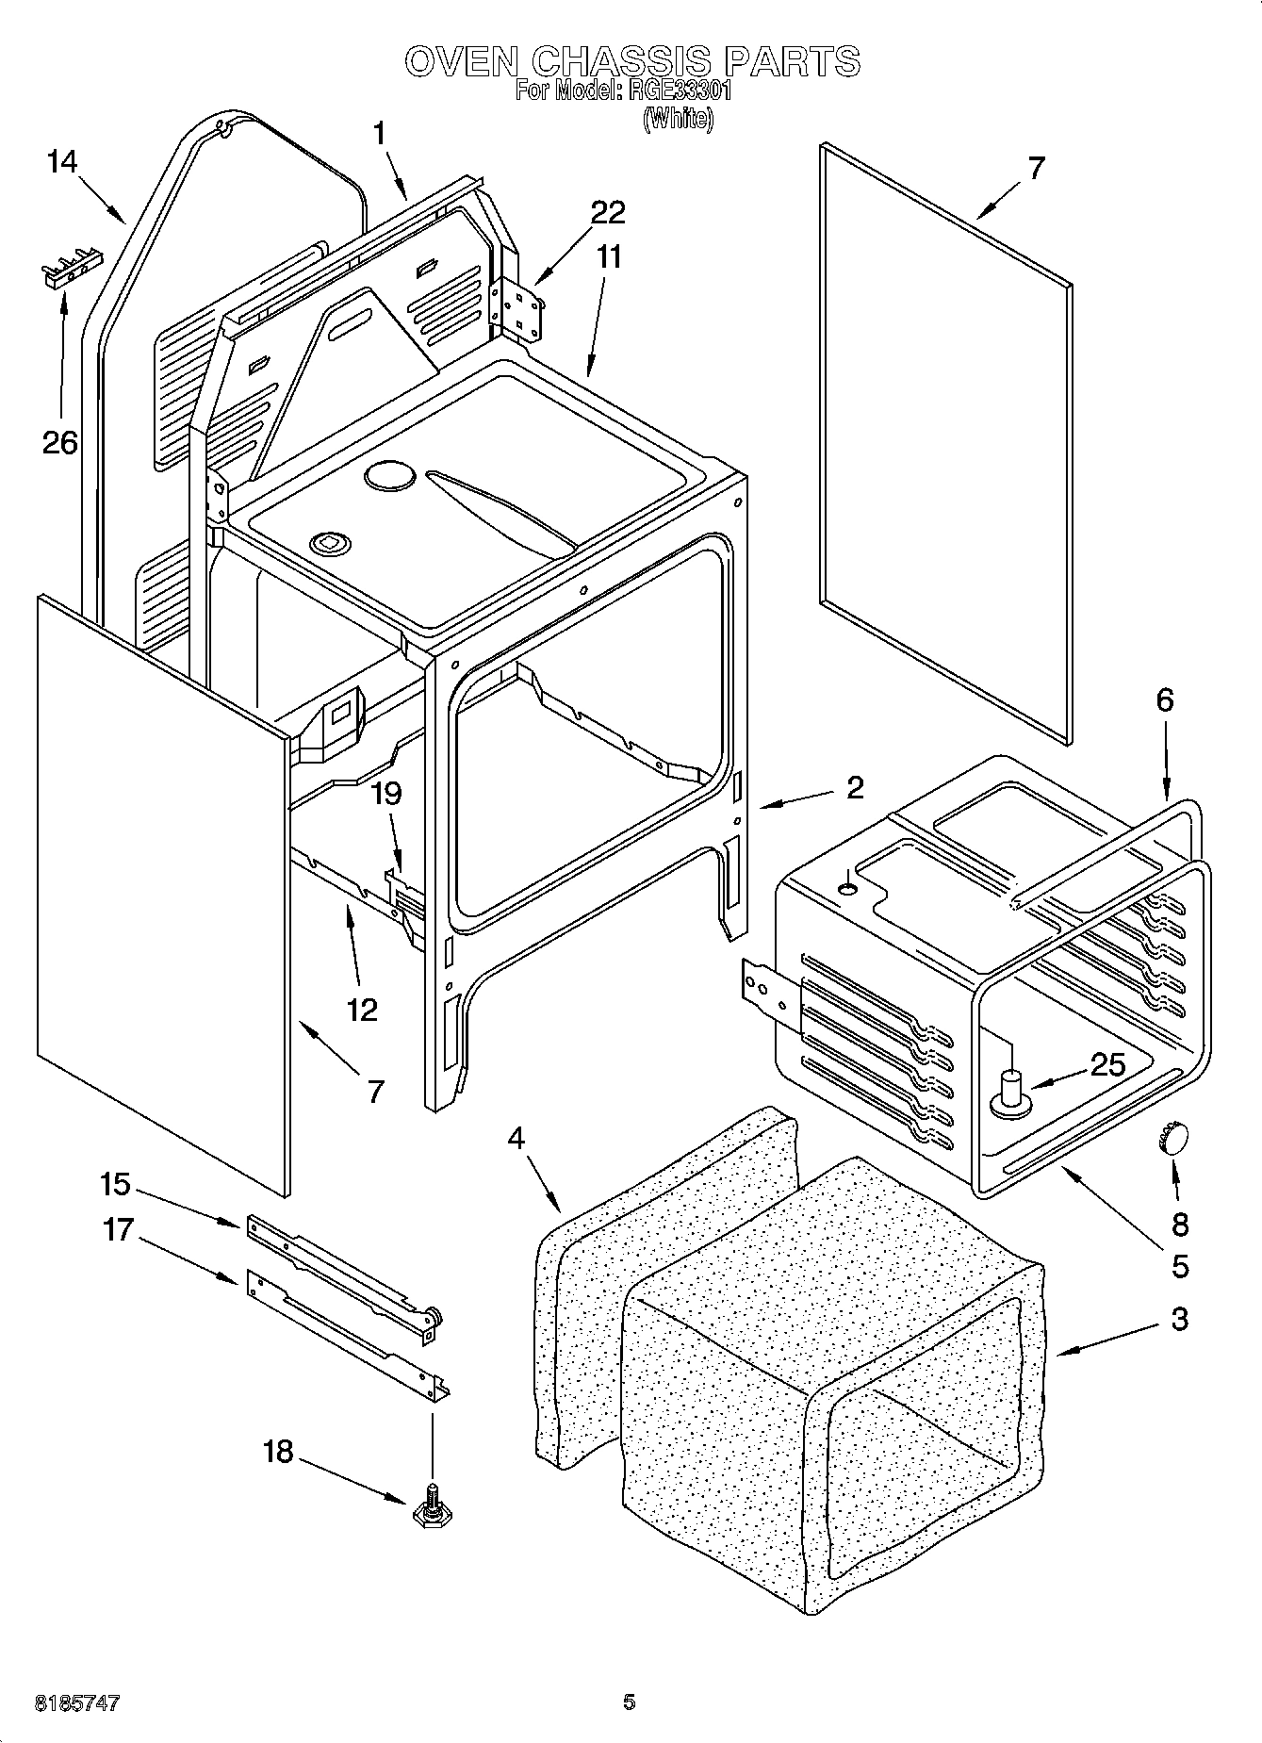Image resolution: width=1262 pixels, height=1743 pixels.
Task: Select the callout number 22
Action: click(x=608, y=212)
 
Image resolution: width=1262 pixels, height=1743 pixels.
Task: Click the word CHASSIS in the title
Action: click(x=622, y=61)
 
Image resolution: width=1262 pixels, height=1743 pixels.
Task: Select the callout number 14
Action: click(x=61, y=162)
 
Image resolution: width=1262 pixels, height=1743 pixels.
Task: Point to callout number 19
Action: click(x=385, y=794)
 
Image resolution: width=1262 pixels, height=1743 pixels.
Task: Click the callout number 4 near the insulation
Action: click(x=516, y=1138)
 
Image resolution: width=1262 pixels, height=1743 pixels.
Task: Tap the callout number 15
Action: click(x=115, y=1184)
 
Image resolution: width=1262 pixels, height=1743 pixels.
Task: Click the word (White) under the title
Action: click(x=678, y=120)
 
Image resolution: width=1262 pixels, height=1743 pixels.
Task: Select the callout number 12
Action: click(x=362, y=1010)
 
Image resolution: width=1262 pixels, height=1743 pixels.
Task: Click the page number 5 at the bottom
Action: click(x=630, y=1702)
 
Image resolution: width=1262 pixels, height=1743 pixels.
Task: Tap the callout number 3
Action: click(x=1180, y=1320)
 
